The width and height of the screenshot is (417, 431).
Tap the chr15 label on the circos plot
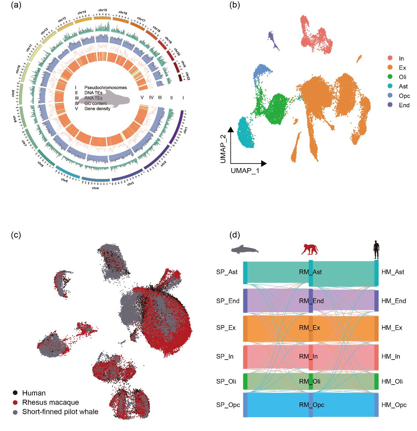(x=103, y=10)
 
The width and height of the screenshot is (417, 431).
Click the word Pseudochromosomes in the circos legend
(x=106, y=88)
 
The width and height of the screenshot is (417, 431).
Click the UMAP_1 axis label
(x=245, y=171)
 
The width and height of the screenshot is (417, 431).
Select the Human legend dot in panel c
(x=15, y=393)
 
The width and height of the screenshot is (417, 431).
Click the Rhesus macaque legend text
(x=50, y=402)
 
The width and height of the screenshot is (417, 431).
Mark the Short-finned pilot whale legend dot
(x=15, y=412)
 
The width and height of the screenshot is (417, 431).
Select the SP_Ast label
(x=227, y=272)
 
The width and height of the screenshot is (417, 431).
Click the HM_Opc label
(x=394, y=405)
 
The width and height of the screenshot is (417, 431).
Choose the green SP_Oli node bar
(x=245, y=382)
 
